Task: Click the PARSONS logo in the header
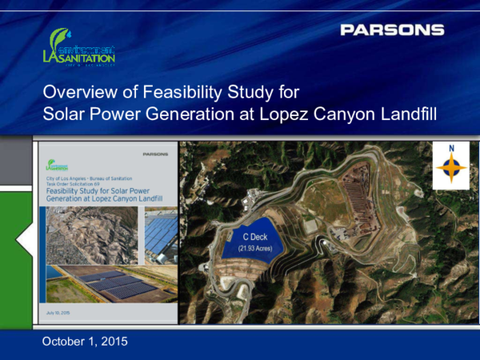[392, 30]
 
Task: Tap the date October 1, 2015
[84, 342]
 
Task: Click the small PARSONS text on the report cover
[159, 153]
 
